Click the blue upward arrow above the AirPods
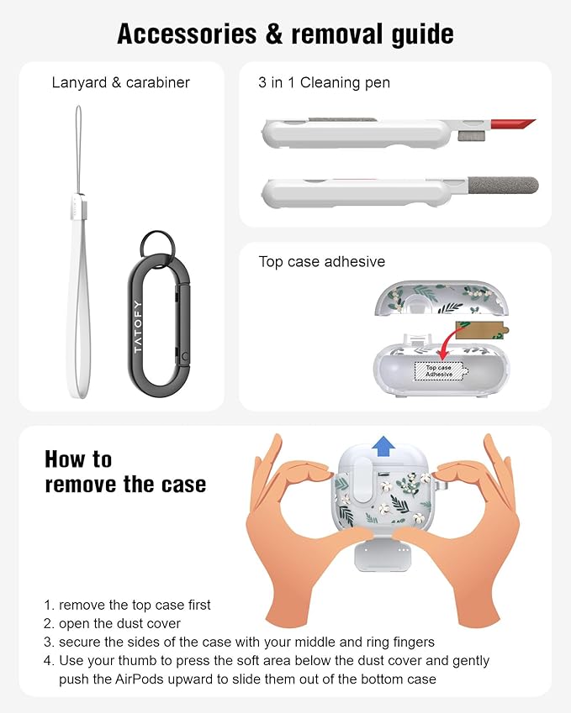click(383, 446)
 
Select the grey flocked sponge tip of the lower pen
click(503, 185)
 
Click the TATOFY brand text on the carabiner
click(138, 326)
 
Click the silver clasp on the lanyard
click(77, 206)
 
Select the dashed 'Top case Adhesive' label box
click(439, 370)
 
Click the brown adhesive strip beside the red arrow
click(481, 330)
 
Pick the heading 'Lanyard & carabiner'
click(120, 83)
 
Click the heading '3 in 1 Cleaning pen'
click(325, 83)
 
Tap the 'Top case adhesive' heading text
click(322, 261)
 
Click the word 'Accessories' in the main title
click(188, 34)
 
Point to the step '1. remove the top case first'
click(127, 605)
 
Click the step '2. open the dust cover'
click(112, 623)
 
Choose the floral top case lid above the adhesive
click(441, 298)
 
